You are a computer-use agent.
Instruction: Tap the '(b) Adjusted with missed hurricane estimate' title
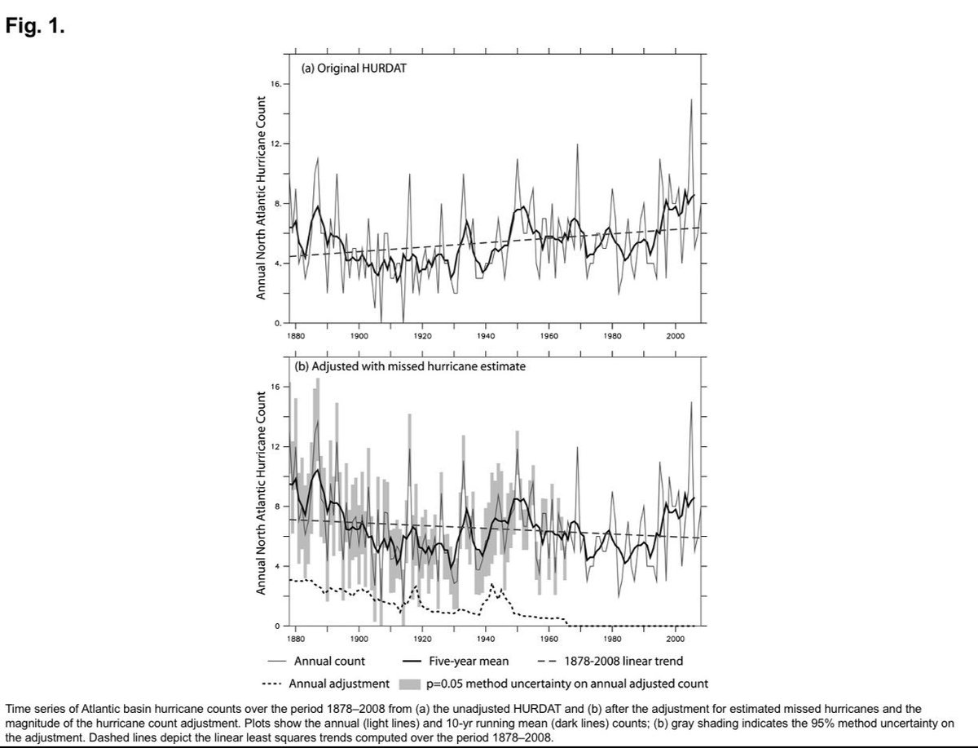410,367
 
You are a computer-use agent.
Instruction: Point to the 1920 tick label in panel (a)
422,336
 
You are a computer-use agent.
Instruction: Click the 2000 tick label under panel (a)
675,336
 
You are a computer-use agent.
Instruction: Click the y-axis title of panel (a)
260,197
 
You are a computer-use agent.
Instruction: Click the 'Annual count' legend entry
329,662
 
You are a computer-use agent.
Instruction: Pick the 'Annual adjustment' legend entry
339,684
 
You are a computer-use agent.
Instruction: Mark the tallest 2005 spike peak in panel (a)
691,100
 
